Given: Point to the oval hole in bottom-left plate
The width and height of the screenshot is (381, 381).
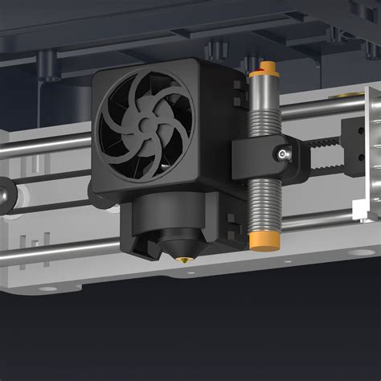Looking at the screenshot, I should (x=48, y=289).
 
